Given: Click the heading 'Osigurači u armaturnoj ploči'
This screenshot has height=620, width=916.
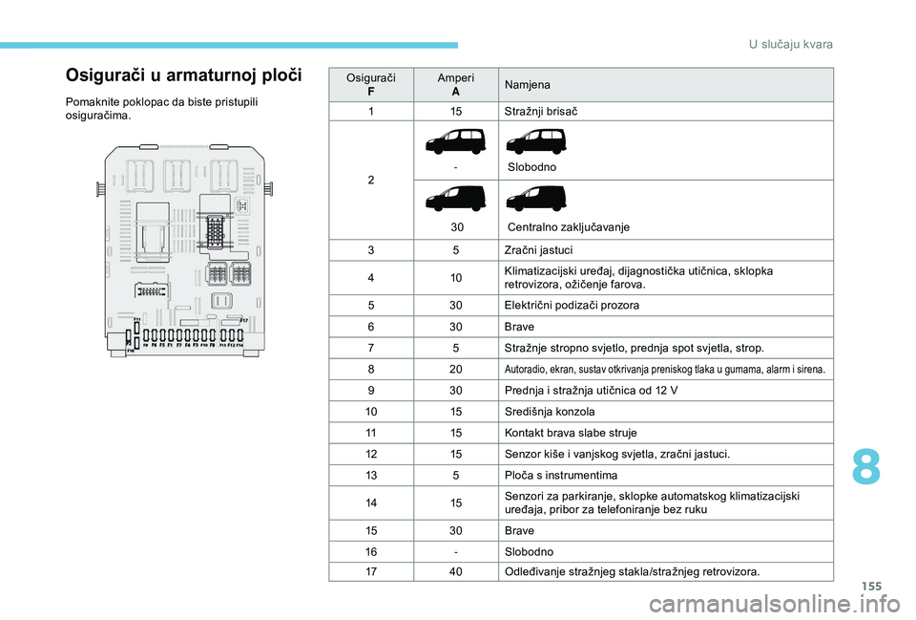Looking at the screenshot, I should (182, 75).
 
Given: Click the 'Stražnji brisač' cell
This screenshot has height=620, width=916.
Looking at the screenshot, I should (541, 111).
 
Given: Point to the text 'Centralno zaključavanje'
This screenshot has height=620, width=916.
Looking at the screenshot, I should (568, 227).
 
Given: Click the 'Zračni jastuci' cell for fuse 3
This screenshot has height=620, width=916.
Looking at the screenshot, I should (538, 250).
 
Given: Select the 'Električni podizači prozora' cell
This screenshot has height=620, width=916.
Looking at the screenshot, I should (572, 305).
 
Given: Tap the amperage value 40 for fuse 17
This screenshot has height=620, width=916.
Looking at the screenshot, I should (455, 571).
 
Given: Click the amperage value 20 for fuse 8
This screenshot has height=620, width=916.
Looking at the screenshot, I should (455, 369).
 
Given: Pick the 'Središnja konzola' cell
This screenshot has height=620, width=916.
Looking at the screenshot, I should (549, 411).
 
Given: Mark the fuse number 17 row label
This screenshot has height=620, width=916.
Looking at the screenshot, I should (371, 571).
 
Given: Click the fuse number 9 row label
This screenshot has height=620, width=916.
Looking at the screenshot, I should (371, 390).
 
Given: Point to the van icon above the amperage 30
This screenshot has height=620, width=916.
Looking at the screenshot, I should (455, 198).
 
